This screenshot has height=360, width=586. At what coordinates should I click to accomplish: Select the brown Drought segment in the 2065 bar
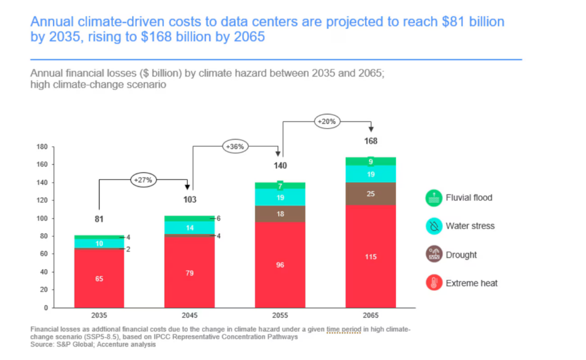tap(371, 194)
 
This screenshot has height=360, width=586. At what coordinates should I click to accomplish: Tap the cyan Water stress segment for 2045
tap(190, 227)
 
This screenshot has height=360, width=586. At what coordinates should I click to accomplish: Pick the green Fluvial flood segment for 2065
tap(371, 161)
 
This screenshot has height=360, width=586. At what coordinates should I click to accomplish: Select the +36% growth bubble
tap(235, 146)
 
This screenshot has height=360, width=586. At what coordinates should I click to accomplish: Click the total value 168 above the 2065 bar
tap(371, 141)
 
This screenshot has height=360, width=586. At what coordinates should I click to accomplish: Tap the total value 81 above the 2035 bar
tap(100, 219)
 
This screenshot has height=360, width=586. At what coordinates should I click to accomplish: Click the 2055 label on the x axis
tap(280, 315)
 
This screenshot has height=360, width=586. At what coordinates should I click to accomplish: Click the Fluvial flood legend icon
tap(434, 198)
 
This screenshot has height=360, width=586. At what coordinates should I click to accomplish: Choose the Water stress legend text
tap(470, 226)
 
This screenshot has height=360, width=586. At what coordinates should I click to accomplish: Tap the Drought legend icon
tap(434, 255)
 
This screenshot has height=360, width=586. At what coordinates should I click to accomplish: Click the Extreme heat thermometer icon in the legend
tap(434, 283)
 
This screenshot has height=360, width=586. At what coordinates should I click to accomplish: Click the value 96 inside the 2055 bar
tap(280, 265)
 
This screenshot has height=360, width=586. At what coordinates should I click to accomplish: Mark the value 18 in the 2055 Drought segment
tap(280, 213)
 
